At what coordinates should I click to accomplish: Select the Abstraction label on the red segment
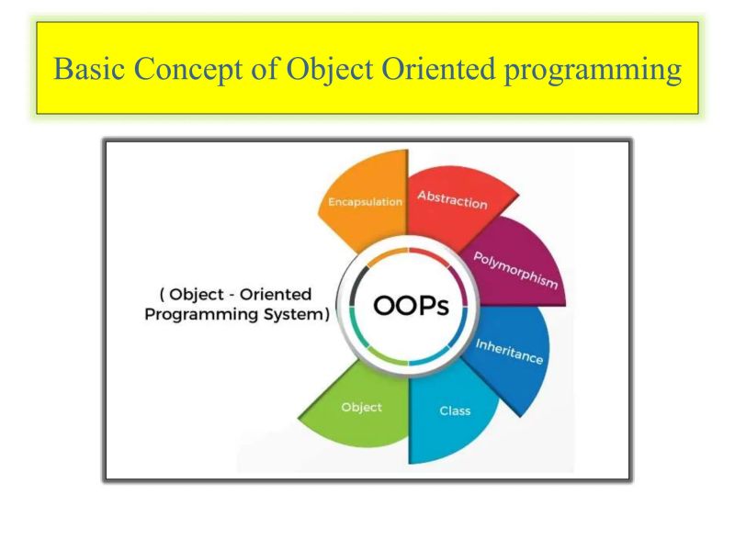452,199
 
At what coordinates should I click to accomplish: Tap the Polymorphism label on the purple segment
515,270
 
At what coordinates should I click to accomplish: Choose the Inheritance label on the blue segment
509,352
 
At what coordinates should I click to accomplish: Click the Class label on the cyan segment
455,410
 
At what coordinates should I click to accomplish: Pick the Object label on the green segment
361,407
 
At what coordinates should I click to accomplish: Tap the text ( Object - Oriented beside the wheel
236,295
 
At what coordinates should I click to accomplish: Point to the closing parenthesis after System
327,314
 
